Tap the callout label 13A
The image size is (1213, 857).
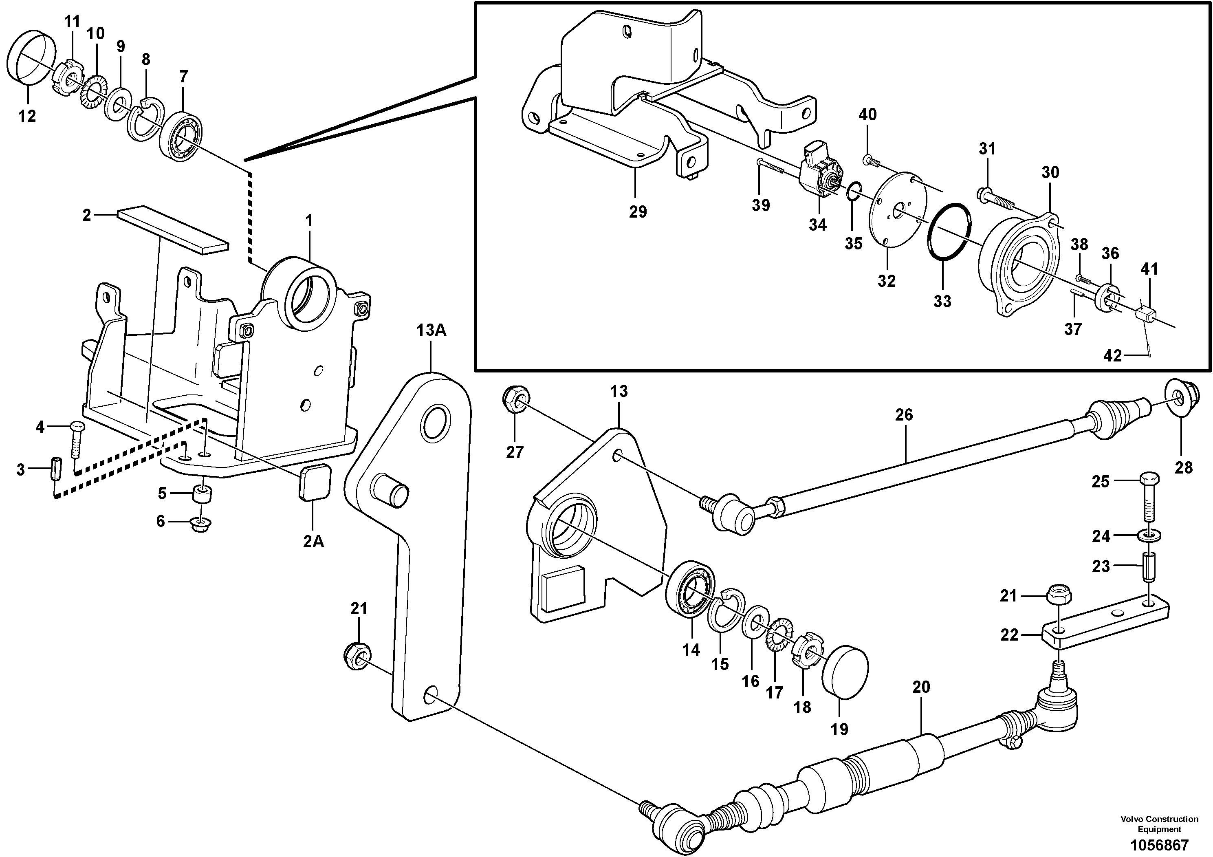431,330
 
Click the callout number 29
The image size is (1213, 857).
638,212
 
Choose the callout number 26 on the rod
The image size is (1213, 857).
903,415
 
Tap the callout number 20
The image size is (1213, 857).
921,687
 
